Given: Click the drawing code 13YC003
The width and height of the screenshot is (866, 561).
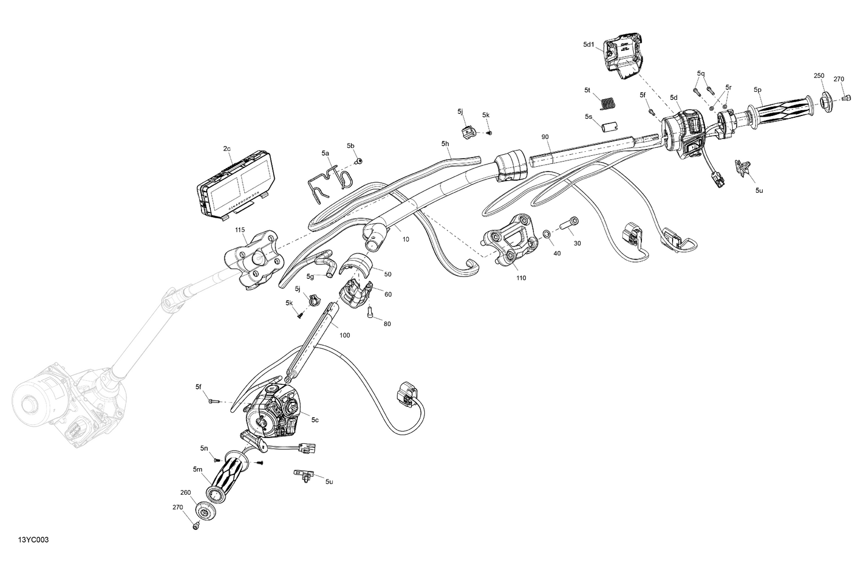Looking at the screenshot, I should (x=33, y=540).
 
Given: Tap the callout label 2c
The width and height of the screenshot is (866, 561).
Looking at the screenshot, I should (x=227, y=149).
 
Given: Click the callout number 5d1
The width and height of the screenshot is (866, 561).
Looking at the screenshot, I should (x=588, y=44).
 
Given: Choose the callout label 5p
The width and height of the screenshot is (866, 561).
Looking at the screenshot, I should (x=757, y=89).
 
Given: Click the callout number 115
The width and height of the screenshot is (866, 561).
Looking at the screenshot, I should (x=240, y=230).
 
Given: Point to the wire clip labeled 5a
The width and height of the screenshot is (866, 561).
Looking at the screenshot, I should (x=328, y=180).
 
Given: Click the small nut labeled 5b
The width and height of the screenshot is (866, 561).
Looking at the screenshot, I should (x=359, y=162).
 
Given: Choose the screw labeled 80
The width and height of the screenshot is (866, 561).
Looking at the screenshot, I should (x=369, y=313).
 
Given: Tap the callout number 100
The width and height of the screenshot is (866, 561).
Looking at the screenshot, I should (x=345, y=335).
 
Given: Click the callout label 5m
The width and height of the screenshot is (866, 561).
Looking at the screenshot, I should (x=198, y=470).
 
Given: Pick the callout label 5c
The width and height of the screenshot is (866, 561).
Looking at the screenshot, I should (x=315, y=420).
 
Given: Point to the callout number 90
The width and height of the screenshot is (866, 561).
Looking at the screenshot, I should (x=544, y=137).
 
